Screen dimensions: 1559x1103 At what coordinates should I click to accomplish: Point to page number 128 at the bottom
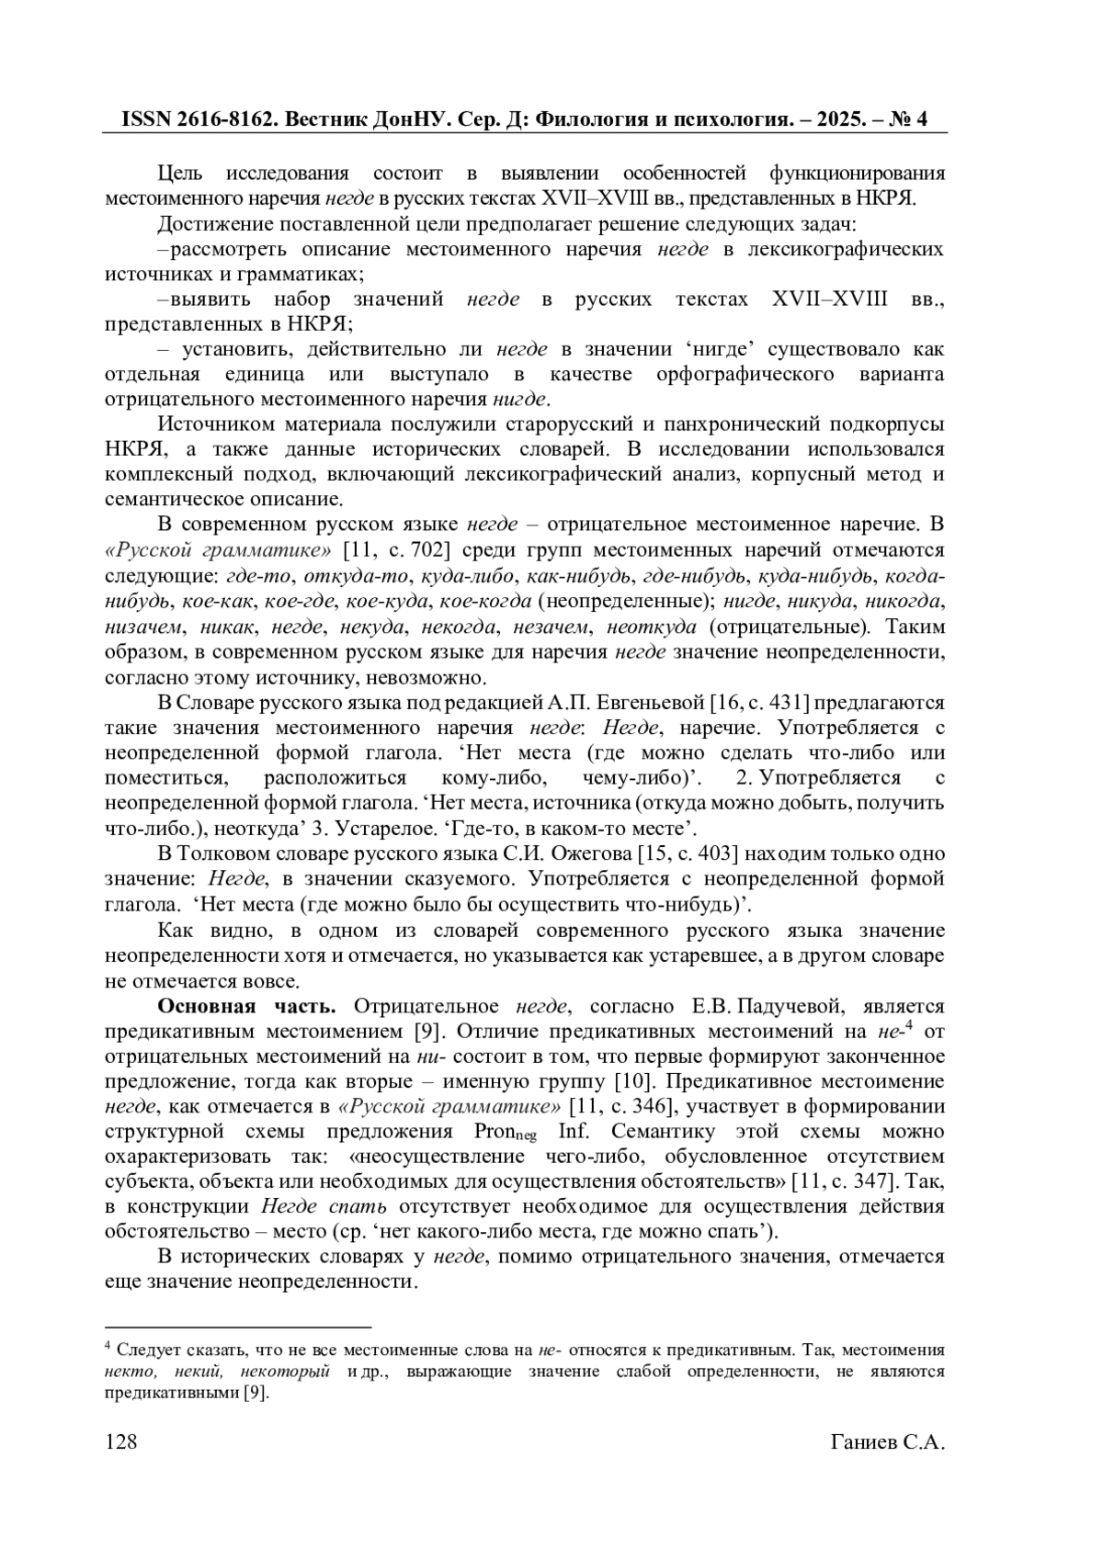(121, 1441)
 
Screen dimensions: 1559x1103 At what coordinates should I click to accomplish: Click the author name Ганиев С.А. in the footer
(887, 1441)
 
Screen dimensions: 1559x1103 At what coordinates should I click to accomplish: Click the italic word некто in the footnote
(127, 1372)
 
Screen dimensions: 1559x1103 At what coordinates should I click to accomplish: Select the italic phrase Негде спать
(324, 1206)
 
